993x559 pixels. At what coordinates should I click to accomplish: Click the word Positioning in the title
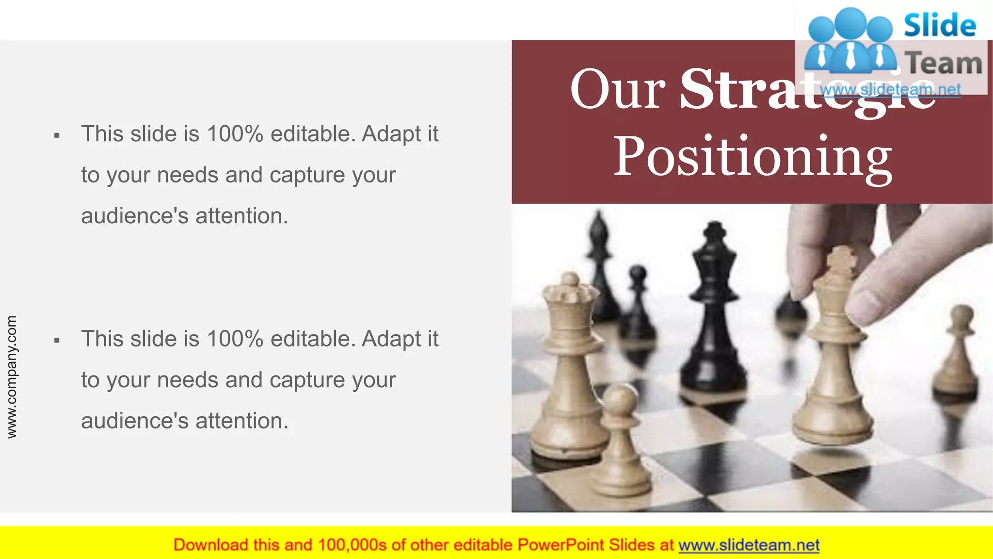[753, 156]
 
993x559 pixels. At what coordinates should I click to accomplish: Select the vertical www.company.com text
[12, 377]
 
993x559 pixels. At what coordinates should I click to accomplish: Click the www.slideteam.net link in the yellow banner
[749, 545]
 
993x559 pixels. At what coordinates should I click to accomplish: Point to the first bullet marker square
[57, 135]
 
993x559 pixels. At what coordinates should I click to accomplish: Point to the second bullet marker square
[57, 341]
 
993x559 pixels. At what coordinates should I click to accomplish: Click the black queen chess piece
[713, 311]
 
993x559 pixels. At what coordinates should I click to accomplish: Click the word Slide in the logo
[940, 25]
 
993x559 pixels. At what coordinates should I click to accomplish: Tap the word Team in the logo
[944, 63]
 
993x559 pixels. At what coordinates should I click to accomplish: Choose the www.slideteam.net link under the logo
[890, 90]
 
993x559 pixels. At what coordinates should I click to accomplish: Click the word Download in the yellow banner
[210, 545]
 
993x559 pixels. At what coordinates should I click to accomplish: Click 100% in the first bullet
[235, 134]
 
